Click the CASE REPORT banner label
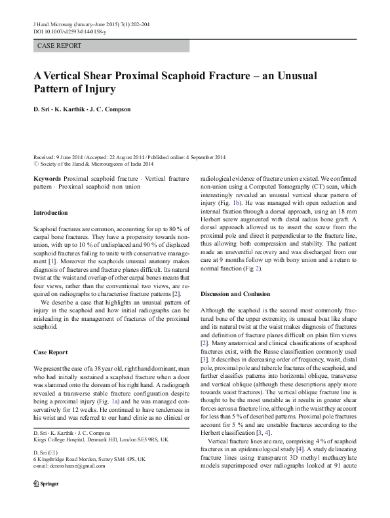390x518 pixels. coord(60,46)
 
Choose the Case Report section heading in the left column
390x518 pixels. coord(50,352)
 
